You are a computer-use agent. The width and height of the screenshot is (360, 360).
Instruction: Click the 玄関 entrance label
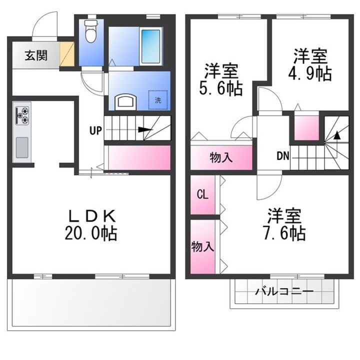[34, 55]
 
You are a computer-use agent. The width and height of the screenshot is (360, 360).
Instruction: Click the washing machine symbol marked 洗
[157, 99]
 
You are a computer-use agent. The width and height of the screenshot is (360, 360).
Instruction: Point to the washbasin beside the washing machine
[125, 101]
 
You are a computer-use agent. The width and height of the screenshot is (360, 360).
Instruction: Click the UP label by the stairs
[95, 131]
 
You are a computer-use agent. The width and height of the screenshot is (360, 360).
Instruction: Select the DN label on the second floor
[283, 155]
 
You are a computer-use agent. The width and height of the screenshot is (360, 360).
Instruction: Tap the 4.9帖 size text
[309, 73]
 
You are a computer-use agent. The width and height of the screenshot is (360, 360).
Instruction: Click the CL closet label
[202, 194]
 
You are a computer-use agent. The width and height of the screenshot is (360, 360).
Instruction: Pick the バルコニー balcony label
[283, 292]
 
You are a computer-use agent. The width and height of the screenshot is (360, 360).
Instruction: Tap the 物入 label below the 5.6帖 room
[220, 157]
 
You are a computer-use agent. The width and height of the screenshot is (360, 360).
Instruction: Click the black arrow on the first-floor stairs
[144, 131]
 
